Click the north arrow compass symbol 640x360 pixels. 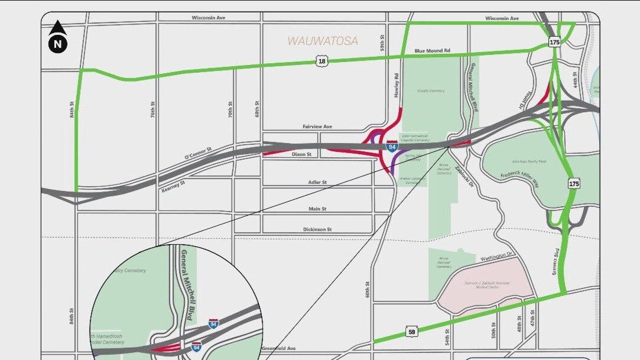pos(58,37)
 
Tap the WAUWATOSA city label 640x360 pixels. pos(323,41)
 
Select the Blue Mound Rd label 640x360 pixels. pos(432,51)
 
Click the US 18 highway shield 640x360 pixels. pos(321,61)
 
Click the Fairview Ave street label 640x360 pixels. pos(317,127)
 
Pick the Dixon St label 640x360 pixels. pos(301,154)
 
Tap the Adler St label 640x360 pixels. pos(317,182)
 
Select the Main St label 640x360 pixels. pos(317,209)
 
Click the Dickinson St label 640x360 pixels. pos(317,229)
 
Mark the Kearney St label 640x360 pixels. pos(173,183)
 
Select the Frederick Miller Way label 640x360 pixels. pos(519,176)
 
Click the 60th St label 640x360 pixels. pos(367,290)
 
